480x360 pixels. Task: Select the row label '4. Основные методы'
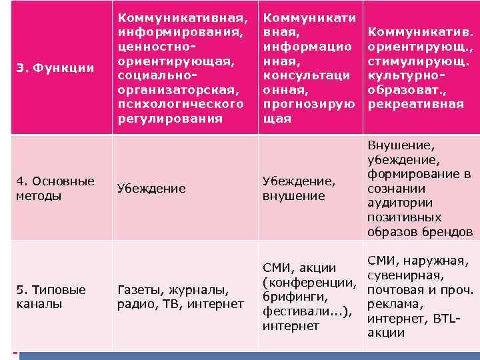(x=55, y=188)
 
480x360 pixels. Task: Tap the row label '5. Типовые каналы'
(x=51, y=297)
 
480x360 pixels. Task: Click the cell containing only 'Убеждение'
(x=151, y=189)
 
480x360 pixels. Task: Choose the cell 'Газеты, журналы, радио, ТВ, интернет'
(x=180, y=297)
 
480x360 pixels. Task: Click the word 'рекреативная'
(x=415, y=104)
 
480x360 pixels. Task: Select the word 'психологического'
(x=180, y=104)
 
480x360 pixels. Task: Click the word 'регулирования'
(x=170, y=119)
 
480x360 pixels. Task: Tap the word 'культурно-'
(x=405, y=75)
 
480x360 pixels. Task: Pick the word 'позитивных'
(x=404, y=217)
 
